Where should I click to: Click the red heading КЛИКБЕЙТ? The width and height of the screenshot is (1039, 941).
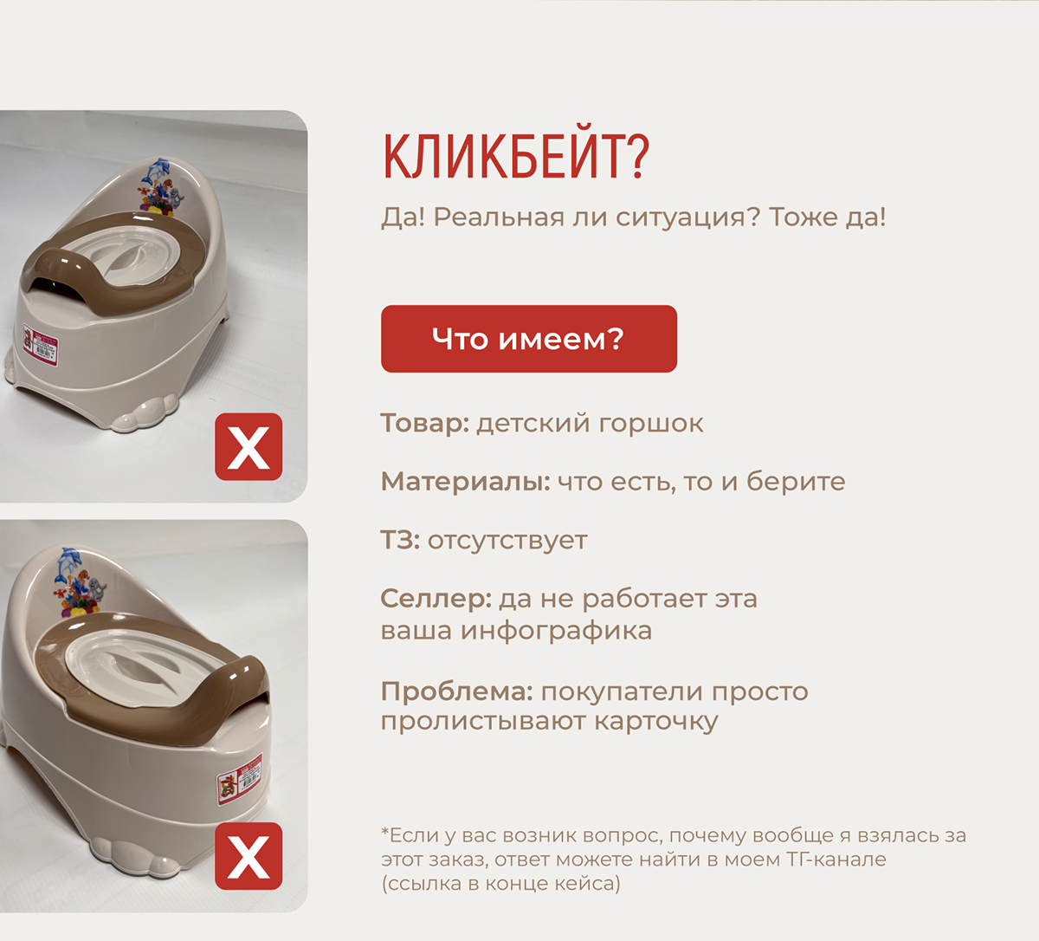pyautogui.click(x=515, y=157)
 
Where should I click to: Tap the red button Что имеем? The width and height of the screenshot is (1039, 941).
pyautogui.click(x=529, y=339)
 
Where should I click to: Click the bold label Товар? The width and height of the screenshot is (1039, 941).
pyautogui.click(x=425, y=423)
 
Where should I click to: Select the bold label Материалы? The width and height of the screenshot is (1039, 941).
pyautogui.click(x=466, y=482)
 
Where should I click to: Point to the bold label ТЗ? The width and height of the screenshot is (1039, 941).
pyautogui.click(x=400, y=540)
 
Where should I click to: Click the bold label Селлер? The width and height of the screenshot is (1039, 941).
pyautogui.click(x=436, y=599)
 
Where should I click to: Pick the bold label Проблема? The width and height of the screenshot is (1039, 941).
pyautogui.click(x=457, y=691)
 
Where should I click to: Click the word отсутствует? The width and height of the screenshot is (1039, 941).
pyautogui.click(x=507, y=541)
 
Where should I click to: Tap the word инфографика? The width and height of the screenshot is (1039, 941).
pyautogui.click(x=556, y=632)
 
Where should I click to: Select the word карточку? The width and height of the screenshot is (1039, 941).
pyautogui.click(x=655, y=722)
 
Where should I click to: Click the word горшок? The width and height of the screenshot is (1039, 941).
pyautogui.click(x=651, y=424)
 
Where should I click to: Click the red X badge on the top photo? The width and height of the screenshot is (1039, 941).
pyautogui.click(x=248, y=446)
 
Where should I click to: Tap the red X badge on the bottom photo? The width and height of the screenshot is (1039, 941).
pyautogui.click(x=248, y=855)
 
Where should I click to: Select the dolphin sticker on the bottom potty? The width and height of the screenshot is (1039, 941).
pyautogui.click(x=69, y=566)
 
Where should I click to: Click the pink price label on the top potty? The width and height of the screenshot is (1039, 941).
pyautogui.click(x=41, y=342)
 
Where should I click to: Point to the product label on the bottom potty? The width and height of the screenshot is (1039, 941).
pyautogui.click(x=239, y=778)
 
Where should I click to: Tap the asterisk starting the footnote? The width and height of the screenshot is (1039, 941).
pyautogui.click(x=384, y=831)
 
